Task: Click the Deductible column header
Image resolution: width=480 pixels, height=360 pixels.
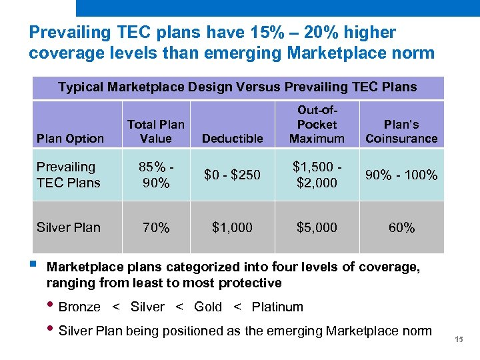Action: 233,138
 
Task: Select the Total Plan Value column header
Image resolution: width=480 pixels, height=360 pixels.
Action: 156,131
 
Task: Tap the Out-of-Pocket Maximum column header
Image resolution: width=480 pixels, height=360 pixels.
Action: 317,124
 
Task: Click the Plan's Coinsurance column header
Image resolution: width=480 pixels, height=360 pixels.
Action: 401,131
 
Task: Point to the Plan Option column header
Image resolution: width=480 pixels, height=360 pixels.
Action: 70,138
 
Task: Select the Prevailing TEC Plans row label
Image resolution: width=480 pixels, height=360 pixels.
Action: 69,175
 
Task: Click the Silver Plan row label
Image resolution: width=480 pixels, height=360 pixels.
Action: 69,227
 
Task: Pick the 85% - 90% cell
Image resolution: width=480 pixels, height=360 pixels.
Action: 156,175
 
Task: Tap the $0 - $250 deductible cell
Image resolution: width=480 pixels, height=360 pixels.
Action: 233,175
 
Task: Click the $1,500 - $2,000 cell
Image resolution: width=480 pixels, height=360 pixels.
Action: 317,175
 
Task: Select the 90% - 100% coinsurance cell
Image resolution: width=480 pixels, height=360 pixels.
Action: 401,175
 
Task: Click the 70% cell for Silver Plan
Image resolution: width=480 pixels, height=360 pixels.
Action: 156,227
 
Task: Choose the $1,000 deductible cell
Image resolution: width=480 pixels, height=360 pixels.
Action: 233,227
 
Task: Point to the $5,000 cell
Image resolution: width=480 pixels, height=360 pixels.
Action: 317,227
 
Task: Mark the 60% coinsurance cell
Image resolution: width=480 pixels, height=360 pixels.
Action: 401,227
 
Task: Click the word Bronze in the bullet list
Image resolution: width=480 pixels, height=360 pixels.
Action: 79,307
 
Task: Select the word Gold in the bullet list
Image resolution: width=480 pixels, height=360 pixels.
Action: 208,307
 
